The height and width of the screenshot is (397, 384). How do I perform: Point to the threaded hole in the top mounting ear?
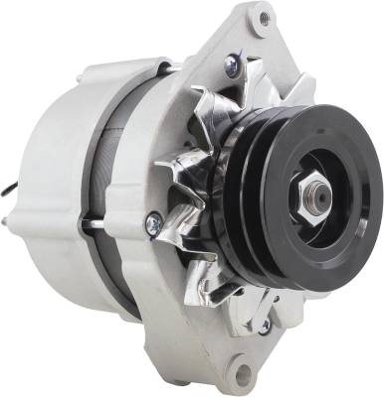[x=264, y=17]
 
